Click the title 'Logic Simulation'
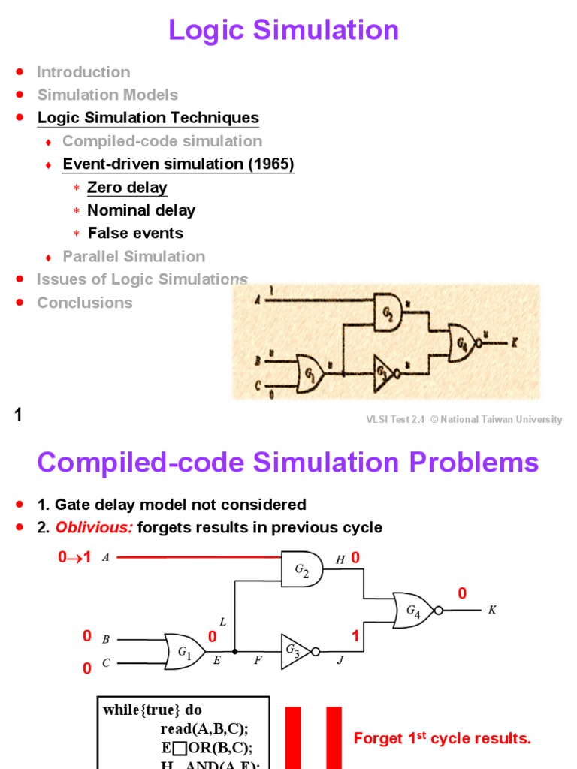pyautogui.click(x=284, y=30)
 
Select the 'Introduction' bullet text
pyautogui.click(x=83, y=72)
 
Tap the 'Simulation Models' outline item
pyautogui.click(x=107, y=95)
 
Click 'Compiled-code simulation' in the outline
pyautogui.click(x=162, y=141)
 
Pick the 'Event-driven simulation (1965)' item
pyautogui.click(x=178, y=164)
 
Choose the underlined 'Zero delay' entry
pyautogui.click(x=127, y=188)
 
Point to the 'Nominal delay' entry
pyautogui.click(x=141, y=210)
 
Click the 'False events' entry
pyautogui.click(x=135, y=233)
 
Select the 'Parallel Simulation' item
pyautogui.click(x=134, y=256)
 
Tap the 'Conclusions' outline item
pyautogui.click(x=85, y=303)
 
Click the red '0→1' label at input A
pyautogui.click(x=74, y=558)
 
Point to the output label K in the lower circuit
pyautogui.click(x=492, y=611)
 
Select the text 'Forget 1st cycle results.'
pyautogui.click(x=442, y=739)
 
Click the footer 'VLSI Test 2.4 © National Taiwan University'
pyautogui.click(x=461, y=420)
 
